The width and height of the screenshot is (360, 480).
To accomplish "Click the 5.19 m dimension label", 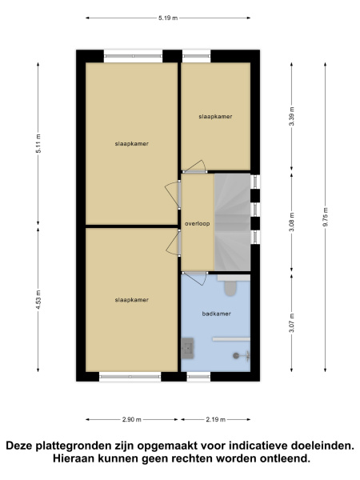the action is [168, 18].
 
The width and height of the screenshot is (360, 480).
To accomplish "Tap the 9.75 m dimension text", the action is [325, 217].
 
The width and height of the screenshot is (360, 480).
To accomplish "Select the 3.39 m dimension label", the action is [291, 116].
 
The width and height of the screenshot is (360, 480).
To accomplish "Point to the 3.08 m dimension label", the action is [291, 222].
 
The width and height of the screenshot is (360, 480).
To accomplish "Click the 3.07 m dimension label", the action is [291, 323].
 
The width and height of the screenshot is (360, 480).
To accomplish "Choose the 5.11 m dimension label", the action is [38, 143].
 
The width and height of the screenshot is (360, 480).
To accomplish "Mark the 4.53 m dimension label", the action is [38, 300].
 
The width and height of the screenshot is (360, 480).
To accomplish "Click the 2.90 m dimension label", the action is [132, 419].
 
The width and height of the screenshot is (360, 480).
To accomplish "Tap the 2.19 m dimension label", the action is [216, 419].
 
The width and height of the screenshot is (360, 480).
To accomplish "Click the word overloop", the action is [197, 224].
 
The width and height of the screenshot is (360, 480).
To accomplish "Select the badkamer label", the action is [216, 314].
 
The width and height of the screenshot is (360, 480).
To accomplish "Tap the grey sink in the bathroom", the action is [187, 348].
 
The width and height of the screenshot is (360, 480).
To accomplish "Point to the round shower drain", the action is [236, 356].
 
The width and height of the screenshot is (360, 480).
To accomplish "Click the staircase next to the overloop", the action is [232, 222].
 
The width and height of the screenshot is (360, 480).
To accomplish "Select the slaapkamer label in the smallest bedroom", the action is [215, 116].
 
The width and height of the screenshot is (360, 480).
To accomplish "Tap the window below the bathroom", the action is [198, 377].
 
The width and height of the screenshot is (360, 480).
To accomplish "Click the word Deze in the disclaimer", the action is [19, 446].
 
